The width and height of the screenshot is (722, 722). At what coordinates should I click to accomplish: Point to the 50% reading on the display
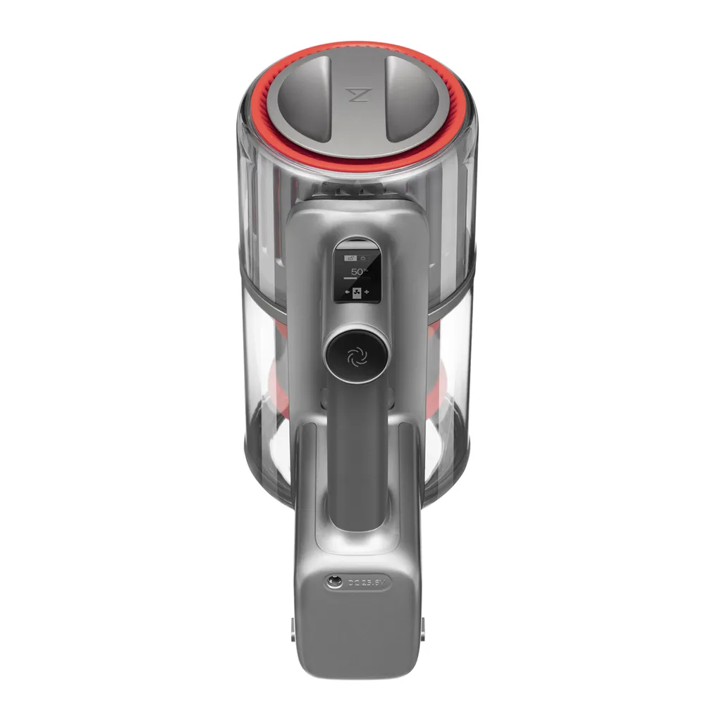tap(359, 271)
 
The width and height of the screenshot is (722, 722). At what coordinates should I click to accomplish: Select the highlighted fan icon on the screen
tap(357, 293)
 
